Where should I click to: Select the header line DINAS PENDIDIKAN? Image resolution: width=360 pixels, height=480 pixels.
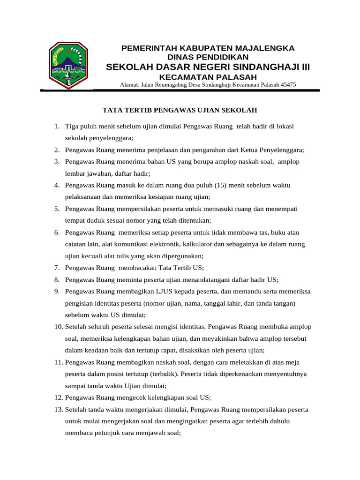tap(208, 57)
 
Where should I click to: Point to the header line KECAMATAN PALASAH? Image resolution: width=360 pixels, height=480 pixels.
tap(208, 77)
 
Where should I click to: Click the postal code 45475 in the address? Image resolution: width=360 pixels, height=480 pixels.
tap(287, 85)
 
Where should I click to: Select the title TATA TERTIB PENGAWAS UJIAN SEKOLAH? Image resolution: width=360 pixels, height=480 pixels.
tap(180, 110)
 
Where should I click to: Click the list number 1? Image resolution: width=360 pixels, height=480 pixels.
tap(56, 127)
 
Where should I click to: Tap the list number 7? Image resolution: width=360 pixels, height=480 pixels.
tap(56, 268)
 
